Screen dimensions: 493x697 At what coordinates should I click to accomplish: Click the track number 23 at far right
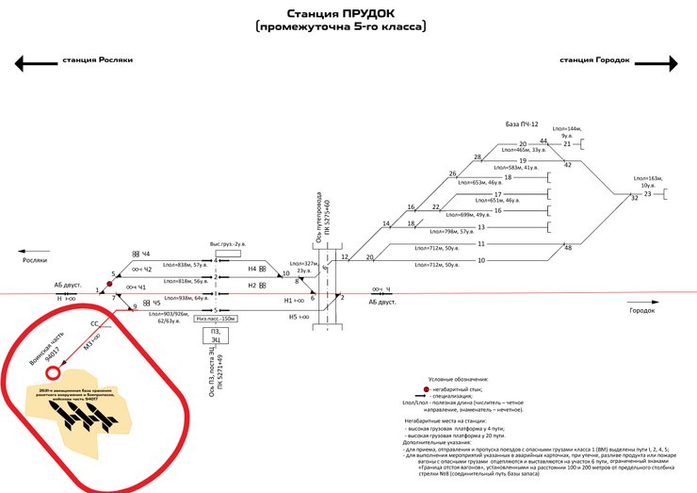tap(647, 193)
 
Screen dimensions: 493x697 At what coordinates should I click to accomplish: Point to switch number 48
tap(567, 247)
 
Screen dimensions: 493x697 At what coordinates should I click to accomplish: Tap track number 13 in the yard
tap(480, 227)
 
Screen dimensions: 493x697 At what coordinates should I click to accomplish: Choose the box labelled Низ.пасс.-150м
tap(215, 319)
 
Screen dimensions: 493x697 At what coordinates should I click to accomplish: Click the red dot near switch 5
tap(109, 282)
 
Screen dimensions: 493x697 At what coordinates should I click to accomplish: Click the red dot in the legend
tap(426, 388)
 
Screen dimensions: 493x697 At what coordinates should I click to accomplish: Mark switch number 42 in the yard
tap(567, 165)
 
